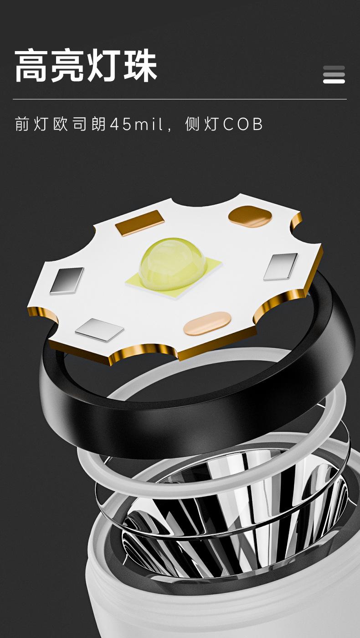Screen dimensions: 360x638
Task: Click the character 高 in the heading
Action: [x=31, y=66]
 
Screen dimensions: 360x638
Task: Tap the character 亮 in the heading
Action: [x=67, y=66]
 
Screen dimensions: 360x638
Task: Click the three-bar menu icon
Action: [x=334, y=75]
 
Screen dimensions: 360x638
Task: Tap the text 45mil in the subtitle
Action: [x=136, y=124]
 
